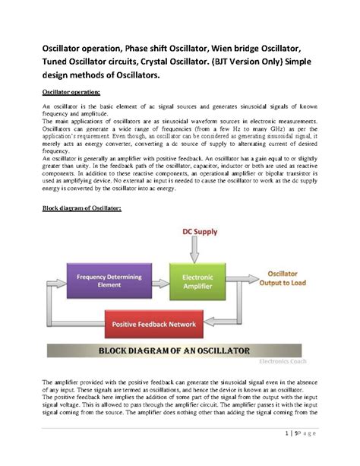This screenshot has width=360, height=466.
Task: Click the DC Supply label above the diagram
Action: tap(198, 231)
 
